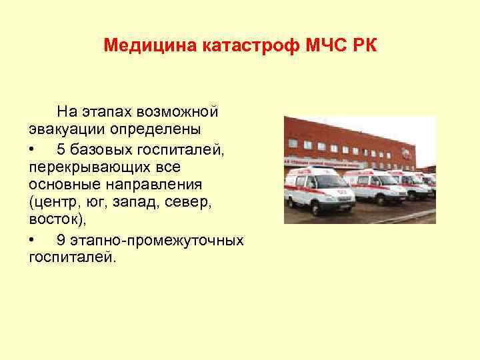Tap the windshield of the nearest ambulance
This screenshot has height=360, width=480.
(x=321, y=179)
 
